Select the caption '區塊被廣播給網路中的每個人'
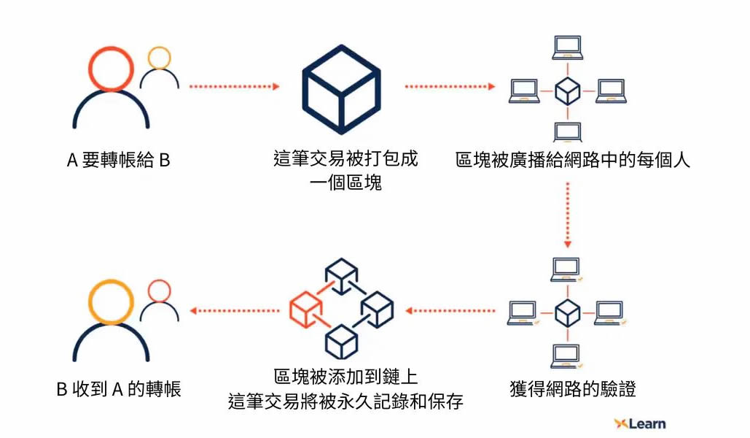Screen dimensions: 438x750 click(573, 160)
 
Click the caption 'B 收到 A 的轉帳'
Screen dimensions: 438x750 click(119, 389)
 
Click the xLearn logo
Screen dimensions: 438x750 click(639, 423)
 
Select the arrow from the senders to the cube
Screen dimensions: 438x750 click(234, 87)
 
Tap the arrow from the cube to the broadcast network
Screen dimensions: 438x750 click(450, 87)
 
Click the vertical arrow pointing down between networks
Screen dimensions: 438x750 click(567, 215)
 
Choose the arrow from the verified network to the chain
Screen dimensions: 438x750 click(450, 311)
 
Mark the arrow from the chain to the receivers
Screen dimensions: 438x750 click(234, 311)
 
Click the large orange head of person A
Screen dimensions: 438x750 click(111, 67)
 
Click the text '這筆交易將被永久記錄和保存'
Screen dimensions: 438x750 click(345, 401)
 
